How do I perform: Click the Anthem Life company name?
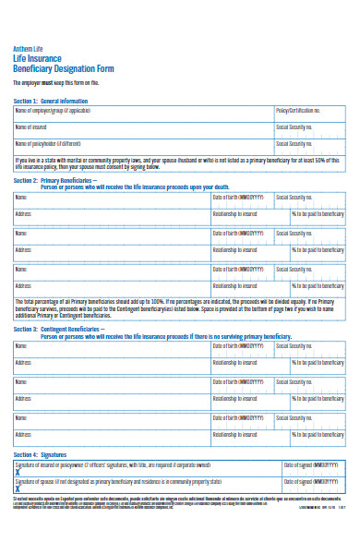pyautogui.click(x=28, y=49)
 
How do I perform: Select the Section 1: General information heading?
pyautogui.click(x=51, y=100)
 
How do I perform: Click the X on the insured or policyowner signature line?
pyautogui.click(x=18, y=473)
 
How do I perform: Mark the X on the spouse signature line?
pyautogui.click(x=18, y=489)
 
